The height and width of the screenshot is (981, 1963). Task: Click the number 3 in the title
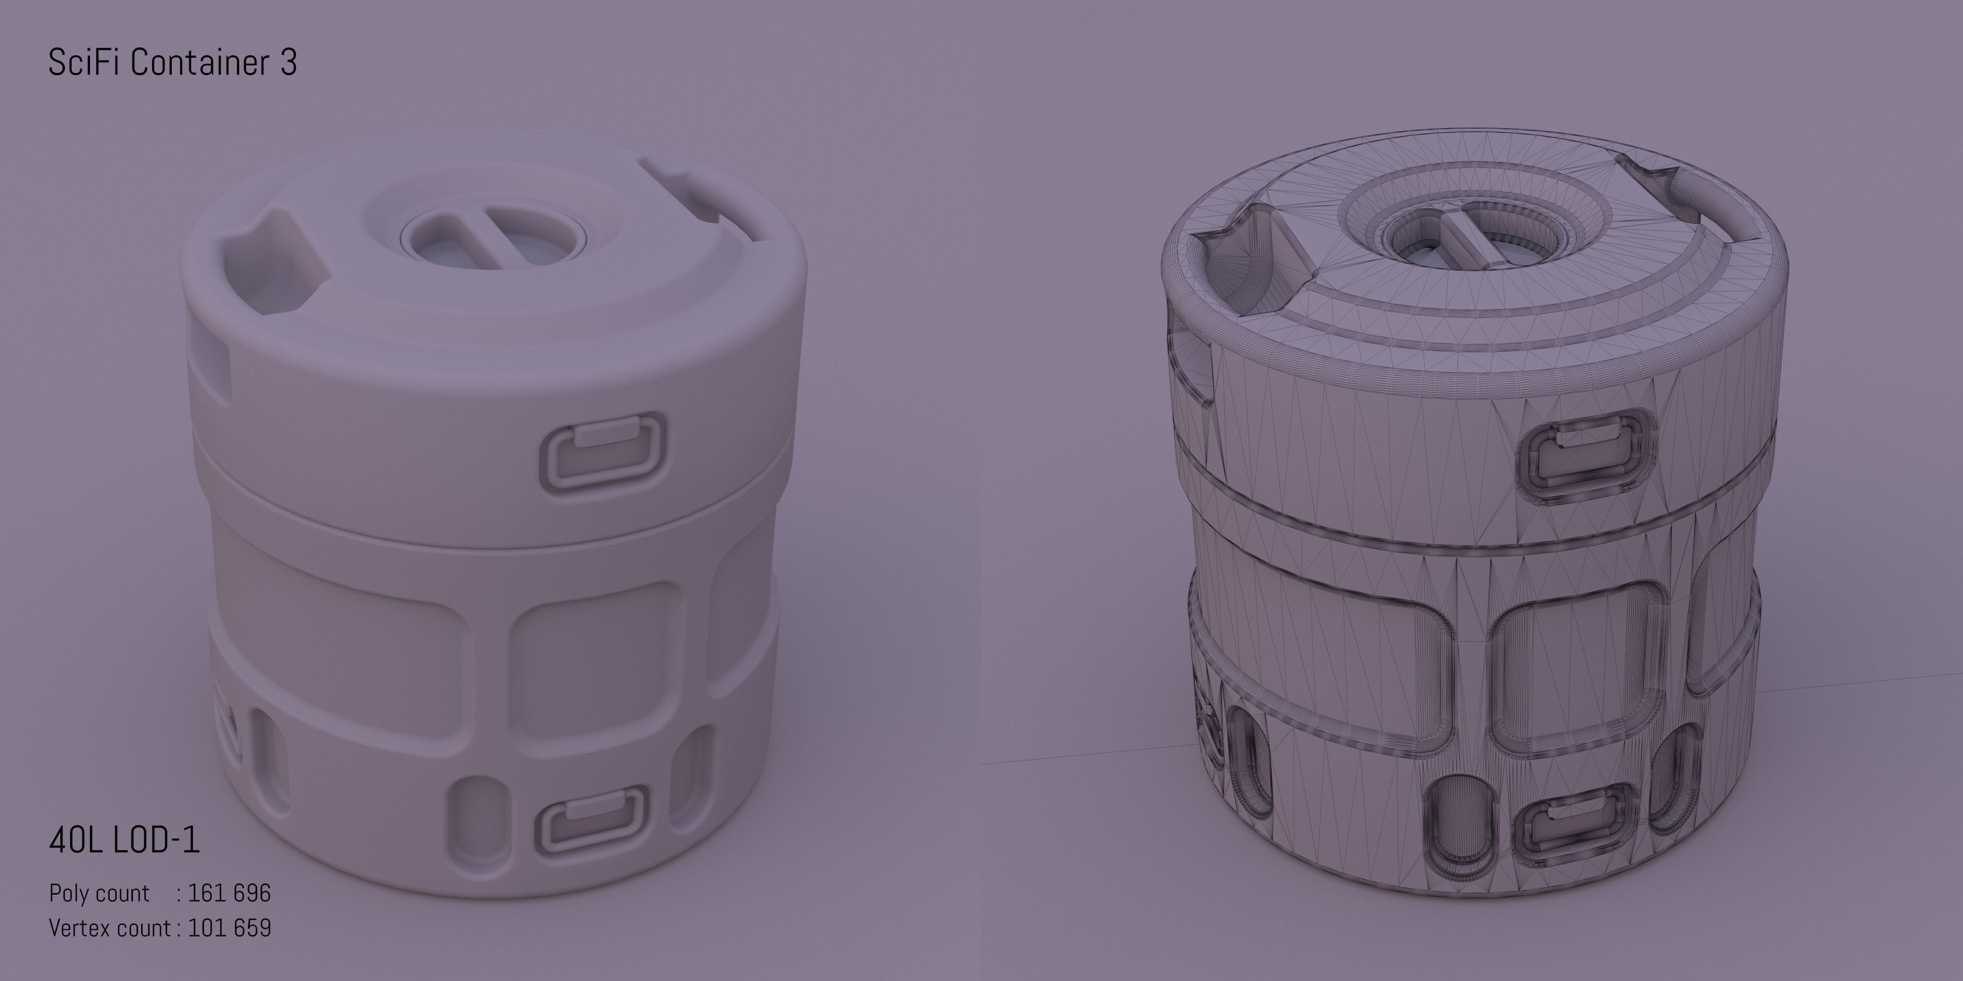point(288,62)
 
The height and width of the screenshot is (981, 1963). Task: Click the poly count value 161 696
point(230,893)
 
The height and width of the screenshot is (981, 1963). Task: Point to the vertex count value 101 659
point(230,928)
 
